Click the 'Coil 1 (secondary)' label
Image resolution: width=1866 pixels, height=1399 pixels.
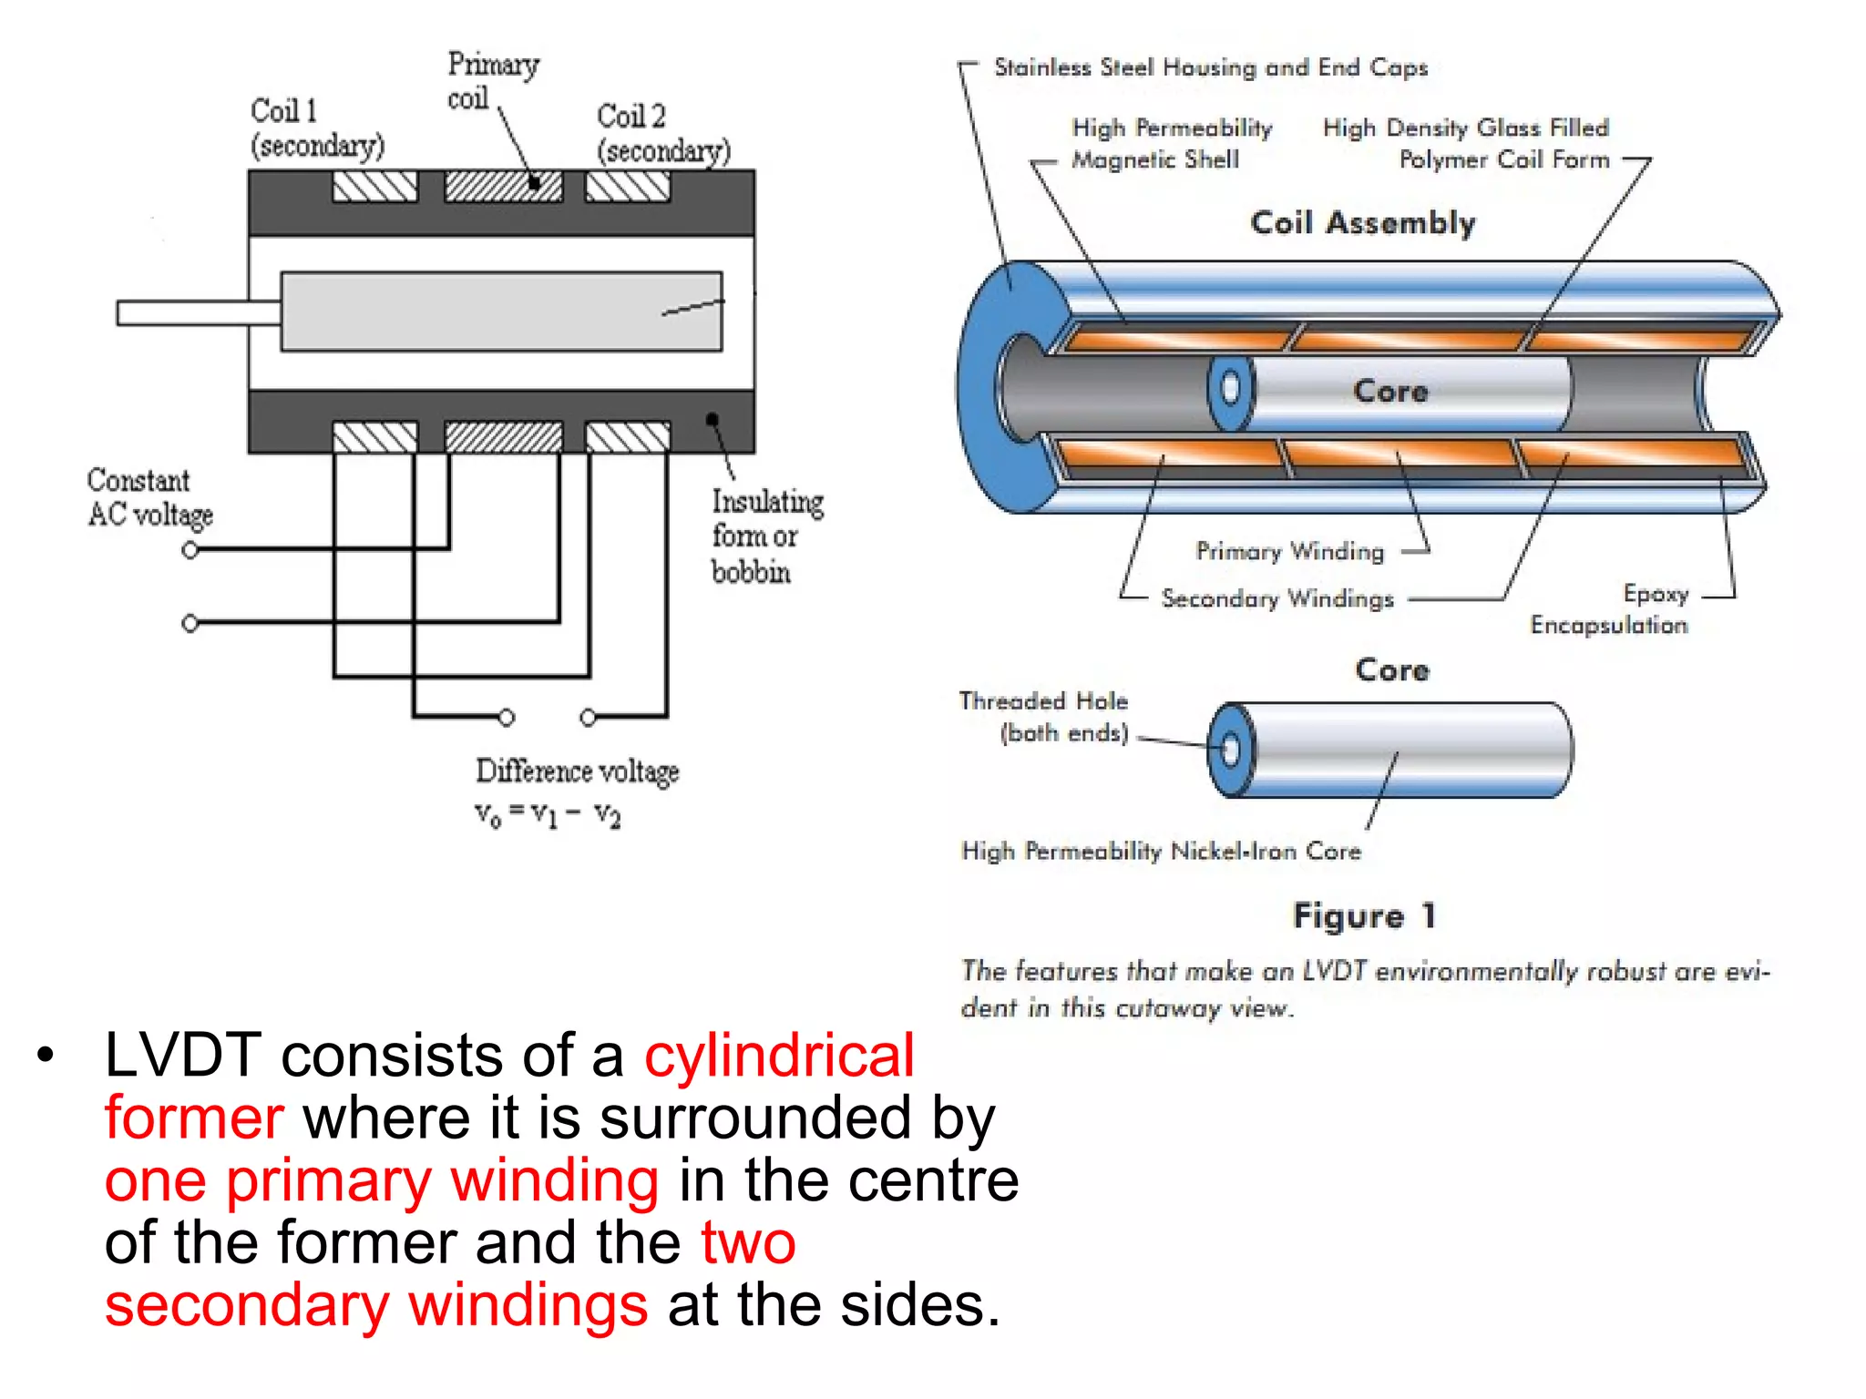(x=316, y=128)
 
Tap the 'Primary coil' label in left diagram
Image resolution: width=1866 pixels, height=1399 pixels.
(x=492, y=80)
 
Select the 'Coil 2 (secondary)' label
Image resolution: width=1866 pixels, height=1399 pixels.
(x=662, y=133)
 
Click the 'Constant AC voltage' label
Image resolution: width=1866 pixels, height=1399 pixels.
(x=149, y=497)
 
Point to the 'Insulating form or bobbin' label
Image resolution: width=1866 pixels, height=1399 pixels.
(x=766, y=536)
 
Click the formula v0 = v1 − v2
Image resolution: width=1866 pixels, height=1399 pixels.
(x=547, y=813)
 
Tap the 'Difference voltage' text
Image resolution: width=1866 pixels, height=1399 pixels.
(x=577, y=771)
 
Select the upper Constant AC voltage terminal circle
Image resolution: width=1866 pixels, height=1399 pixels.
(x=190, y=550)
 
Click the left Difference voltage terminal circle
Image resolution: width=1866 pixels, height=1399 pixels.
(x=507, y=718)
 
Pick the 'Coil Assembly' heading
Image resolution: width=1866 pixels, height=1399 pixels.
(x=1362, y=223)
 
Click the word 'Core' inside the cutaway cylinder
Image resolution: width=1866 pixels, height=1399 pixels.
(x=1390, y=392)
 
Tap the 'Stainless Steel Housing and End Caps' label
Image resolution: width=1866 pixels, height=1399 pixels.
(x=1210, y=67)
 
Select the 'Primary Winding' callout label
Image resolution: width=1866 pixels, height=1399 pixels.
(x=1289, y=551)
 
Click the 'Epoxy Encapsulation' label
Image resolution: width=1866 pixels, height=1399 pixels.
(x=1610, y=609)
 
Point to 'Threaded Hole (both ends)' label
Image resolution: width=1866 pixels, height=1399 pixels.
(x=1044, y=717)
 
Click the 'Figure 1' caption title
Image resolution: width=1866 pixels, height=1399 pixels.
(x=1364, y=915)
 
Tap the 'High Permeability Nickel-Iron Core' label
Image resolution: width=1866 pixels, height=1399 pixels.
(x=1161, y=852)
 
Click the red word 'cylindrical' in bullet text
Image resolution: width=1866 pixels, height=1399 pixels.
(x=779, y=1056)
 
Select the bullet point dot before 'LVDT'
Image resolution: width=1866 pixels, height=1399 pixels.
(x=46, y=1057)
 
